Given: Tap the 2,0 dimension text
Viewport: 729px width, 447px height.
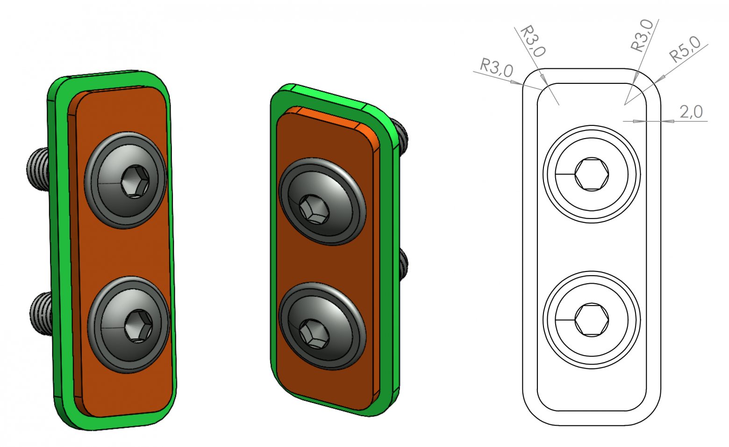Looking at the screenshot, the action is click(691, 111).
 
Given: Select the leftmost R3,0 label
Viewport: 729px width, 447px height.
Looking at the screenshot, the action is click(497, 68).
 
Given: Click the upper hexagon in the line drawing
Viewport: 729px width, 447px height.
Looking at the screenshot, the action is click(592, 175).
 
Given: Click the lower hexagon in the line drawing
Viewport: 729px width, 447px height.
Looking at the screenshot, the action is click(592, 320).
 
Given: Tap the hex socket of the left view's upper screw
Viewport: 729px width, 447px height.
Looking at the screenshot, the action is click(135, 182).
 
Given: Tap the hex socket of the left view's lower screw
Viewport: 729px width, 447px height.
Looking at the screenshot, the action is click(139, 326).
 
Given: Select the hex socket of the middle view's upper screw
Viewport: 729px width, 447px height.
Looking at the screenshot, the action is click(314, 209).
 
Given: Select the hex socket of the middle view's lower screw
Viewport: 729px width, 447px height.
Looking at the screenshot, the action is click(314, 334).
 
